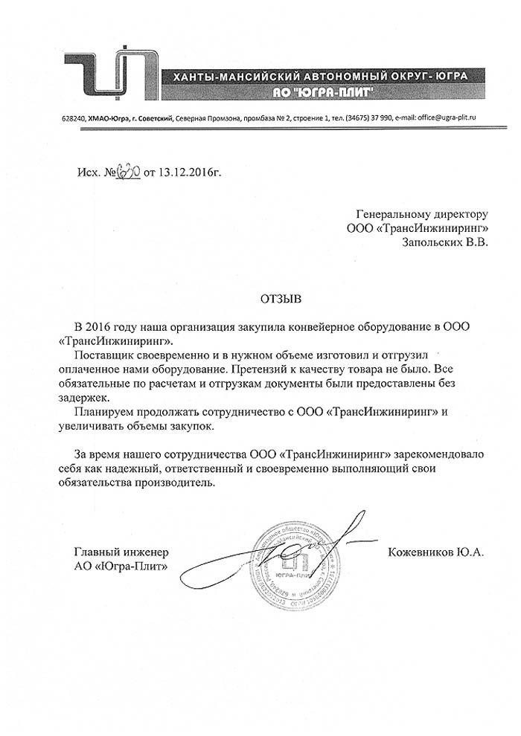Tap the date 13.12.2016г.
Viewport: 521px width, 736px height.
[x=187, y=173]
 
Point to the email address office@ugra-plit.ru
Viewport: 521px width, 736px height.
[x=438, y=118]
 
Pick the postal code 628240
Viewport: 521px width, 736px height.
[x=72, y=118]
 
